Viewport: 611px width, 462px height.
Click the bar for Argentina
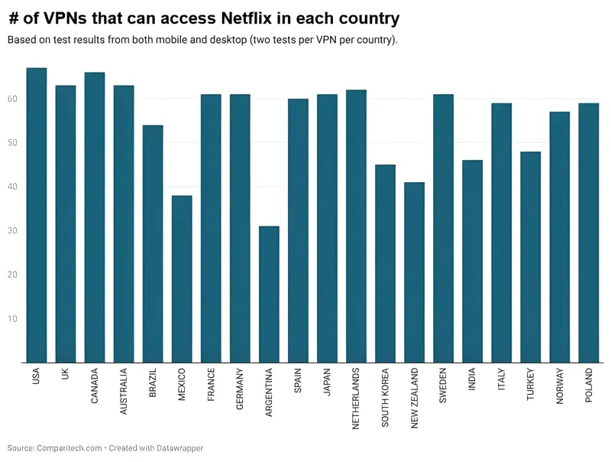pos(269,294)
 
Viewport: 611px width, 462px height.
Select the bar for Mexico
pos(182,279)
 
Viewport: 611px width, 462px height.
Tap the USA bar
pos(37,215)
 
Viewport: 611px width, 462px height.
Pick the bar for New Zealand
pos(414,272)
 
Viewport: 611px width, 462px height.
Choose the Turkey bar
pos(530,257)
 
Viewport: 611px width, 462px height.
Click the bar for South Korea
pos(385,264)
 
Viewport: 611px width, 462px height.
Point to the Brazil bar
pos(153,244)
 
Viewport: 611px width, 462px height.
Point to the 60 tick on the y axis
pos(13,99)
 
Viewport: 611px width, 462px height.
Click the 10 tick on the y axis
pos(13,319)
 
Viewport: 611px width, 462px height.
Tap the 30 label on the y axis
pos(13,231)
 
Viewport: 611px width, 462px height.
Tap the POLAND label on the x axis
pos(588,386)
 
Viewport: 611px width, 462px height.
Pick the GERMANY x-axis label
pos(240,390)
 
